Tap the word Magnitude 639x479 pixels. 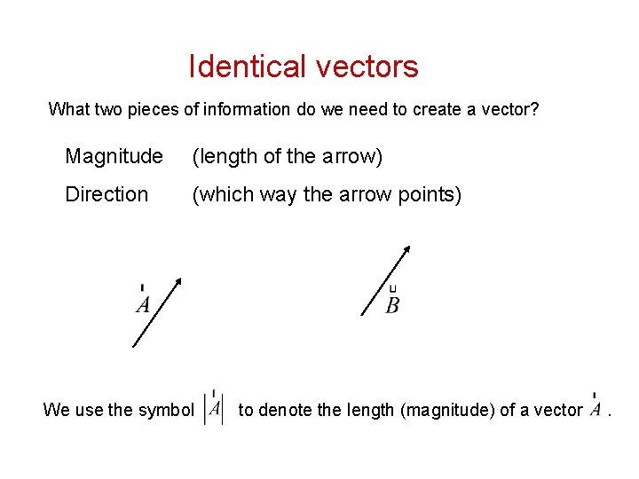[x=114, y=157]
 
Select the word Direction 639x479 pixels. [x=106, y=194]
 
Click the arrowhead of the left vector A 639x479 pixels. [x=177, y=283]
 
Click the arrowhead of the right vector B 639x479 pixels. [x=406, y=251]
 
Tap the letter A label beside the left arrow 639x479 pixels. [x=143, y=304]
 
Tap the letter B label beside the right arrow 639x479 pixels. [x=392, y=305]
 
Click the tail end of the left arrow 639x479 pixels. [x=132, y=347]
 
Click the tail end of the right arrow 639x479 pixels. [x=362, y=315]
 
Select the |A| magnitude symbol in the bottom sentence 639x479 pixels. [x=213, y=409]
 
